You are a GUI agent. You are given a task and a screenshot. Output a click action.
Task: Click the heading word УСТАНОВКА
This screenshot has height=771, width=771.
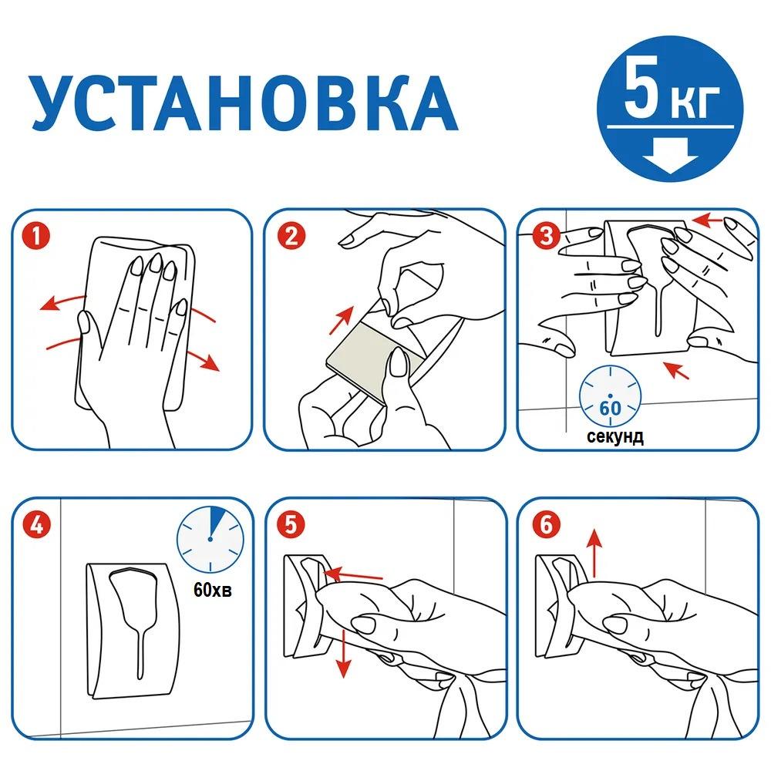coord(244,103)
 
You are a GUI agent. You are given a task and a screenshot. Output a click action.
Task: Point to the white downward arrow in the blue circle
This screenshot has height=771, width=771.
coord(670,155)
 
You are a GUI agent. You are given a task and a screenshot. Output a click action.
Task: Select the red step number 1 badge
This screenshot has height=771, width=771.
coord(36,236)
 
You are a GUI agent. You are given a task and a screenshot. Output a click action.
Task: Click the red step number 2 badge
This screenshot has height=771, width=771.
coord(291,236)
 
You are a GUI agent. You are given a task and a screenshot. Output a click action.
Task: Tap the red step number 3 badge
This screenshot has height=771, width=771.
coord(547,236)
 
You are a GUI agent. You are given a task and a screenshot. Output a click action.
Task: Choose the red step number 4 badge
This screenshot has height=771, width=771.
coord(36,524)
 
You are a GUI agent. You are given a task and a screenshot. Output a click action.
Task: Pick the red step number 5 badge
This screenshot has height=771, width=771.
coord(291,524)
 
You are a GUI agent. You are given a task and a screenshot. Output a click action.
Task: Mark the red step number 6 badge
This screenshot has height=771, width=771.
coord(547,524)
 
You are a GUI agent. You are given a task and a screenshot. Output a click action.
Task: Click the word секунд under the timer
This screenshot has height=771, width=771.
coord(614,436)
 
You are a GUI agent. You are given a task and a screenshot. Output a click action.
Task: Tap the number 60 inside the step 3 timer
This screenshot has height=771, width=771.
coord(610,408)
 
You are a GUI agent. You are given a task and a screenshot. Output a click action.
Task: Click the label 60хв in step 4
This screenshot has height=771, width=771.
coord(213,589)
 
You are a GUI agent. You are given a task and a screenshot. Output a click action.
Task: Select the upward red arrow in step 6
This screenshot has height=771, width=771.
coord(595,553)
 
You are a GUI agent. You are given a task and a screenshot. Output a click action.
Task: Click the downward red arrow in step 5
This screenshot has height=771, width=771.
coord(343,653)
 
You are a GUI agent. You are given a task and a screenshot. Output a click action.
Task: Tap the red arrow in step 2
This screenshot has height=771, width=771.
coord(342,320)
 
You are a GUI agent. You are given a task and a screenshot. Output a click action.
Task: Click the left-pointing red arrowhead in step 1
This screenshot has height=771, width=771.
coord(48,305)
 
